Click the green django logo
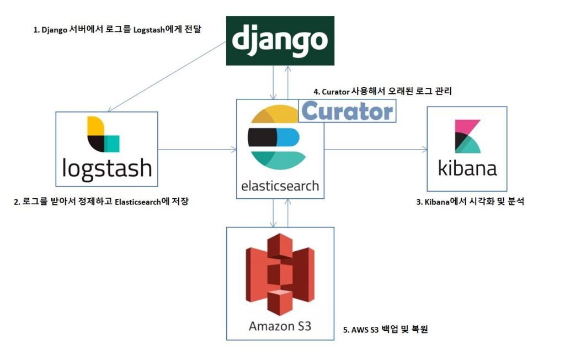coord(280,40)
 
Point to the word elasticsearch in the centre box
coord(280,185)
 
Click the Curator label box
coord(347,110)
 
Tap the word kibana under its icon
coord(467,167)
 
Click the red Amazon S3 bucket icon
coord(280,274)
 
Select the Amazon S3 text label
coord(280,326)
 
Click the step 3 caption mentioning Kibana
coord(470,202)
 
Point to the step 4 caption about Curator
coord(382,91)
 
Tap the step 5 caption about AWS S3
coord(386,330)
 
